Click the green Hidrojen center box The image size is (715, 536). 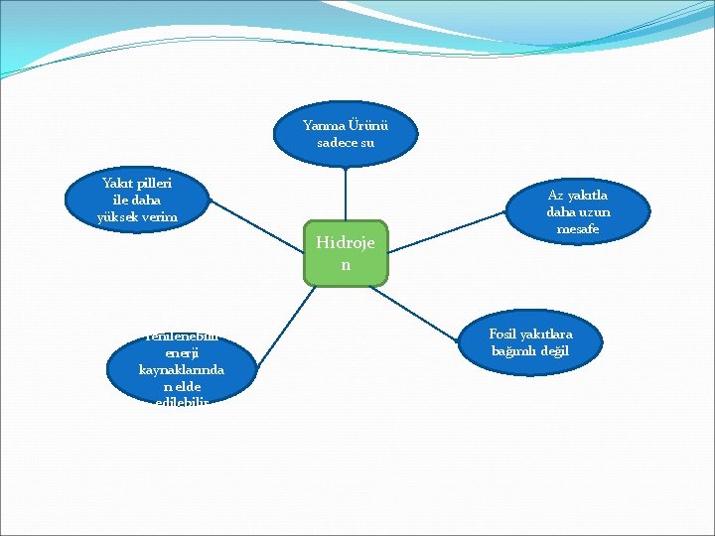[346, 253]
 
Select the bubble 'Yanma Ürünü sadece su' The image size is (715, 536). [346, 134]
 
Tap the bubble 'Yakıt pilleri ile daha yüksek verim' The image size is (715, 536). [137, 201]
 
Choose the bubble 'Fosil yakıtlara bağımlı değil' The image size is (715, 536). [531, 342]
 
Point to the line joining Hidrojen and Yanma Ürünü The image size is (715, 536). [346, 194]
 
